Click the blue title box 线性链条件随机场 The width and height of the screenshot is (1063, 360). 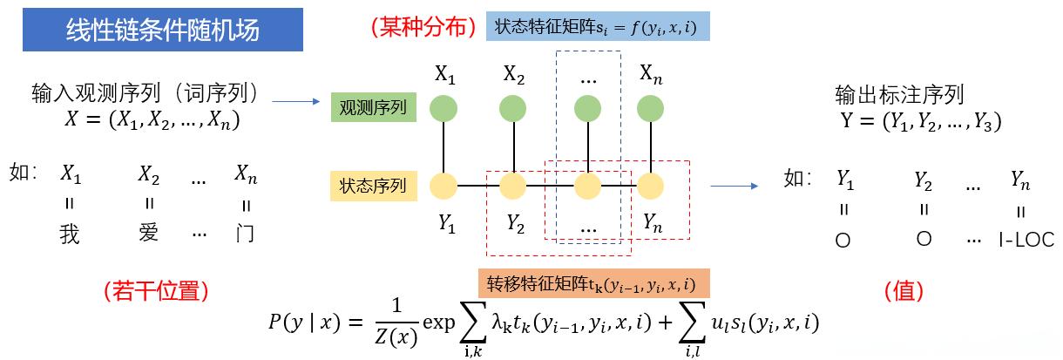(163, 30)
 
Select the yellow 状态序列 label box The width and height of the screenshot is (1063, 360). (374, 186)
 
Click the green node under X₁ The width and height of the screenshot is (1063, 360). (446, 109)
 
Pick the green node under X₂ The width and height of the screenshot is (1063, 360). (513, 109)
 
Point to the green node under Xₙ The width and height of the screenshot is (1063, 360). (651, 109)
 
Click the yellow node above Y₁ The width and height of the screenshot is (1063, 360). (446, 186)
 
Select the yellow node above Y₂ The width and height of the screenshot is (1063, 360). (513, 186)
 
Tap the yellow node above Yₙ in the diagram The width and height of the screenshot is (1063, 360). (651, 186)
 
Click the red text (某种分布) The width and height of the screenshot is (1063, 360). (423, 28)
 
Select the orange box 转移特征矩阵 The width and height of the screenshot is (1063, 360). (592, 284)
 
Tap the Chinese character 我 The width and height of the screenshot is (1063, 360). (71, 234)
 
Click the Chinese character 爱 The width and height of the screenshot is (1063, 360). (148, 234)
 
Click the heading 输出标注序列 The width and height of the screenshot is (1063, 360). (899, 94)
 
